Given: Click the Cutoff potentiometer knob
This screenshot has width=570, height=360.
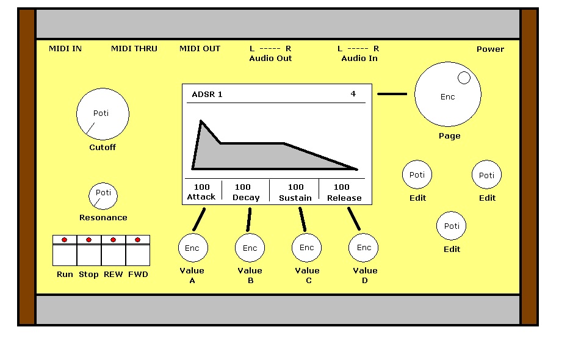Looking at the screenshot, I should point(103,114).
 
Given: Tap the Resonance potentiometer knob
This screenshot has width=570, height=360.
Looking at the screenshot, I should point(103,195).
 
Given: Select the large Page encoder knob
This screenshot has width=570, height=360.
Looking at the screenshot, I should point(447,96).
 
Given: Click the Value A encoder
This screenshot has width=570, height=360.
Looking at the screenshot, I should point(192,248).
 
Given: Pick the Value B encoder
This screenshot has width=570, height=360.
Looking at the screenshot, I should point(250,248).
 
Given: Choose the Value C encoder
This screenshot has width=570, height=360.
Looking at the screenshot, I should point(307,247).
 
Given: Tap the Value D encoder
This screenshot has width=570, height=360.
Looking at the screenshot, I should point(364,248).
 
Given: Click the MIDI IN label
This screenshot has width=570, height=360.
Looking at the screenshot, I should point(65,49).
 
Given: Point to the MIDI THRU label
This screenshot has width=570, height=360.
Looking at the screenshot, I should point(134,49).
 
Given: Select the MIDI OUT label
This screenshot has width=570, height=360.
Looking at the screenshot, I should point(200,49).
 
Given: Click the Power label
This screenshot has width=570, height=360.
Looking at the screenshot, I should point(490,49).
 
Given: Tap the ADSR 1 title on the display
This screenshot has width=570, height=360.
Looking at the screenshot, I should point(207,95).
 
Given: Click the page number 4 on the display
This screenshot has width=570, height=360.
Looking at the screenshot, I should point(353,94).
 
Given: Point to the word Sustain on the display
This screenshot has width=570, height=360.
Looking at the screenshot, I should point(295,198).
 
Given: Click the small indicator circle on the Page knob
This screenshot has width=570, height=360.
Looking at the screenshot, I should point(464,77).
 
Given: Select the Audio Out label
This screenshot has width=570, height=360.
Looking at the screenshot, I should point(270,59).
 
